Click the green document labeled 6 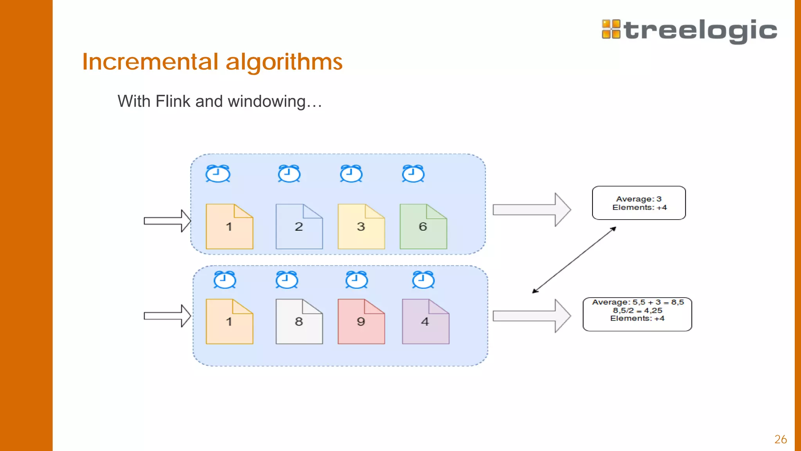(x=423, y=227)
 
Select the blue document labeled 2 (x=299, y=227)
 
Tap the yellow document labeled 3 (x=361, y=227)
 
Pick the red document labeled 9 (x=361, y=322)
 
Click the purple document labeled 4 (x=426, y=322)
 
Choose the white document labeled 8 (x=299, y=322)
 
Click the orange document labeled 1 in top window (x=229, y=227)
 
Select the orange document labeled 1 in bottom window (x=229, y=322)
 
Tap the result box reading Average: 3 (x=639, y=203)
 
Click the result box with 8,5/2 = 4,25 (x=637, y=314)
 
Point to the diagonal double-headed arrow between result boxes (x=574, y=260)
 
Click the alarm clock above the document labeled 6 (x=413, y=174)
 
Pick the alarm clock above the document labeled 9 (x=357, y=280)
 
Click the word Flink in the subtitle (x=173, y=101)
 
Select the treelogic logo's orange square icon (x=611, y=29)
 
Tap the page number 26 (x=780, y=439)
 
